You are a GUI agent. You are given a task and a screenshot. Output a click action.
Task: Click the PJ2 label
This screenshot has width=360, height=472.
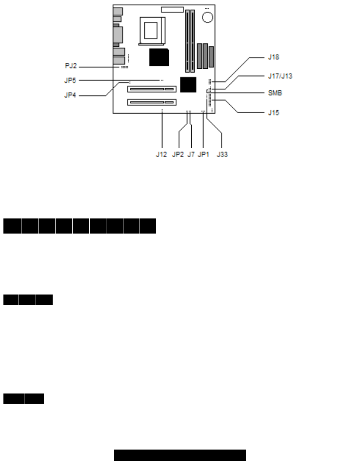tap(71, 65)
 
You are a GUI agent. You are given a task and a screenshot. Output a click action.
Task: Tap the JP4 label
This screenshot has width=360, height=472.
tap(71, 96)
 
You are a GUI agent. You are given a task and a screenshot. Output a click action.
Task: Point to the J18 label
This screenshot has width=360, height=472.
tap(274, 57)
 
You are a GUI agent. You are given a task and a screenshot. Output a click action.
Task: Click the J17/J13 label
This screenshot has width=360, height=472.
tap(280, 76)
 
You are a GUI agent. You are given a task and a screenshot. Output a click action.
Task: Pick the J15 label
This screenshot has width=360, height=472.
tap(274, 113)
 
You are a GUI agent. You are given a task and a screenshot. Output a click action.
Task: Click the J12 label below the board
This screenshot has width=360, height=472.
tap(161, 155)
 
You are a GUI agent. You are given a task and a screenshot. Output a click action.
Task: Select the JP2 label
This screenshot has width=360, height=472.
tap(178, 155)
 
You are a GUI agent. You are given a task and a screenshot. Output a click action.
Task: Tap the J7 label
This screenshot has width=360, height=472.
tap(191, 155)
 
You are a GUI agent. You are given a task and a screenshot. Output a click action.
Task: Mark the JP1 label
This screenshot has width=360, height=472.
tap(203, 155)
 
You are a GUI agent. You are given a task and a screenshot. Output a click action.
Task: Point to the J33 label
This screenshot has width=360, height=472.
tap(222, 155)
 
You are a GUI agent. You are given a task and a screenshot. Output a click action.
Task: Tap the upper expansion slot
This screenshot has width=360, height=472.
tap(151, 89)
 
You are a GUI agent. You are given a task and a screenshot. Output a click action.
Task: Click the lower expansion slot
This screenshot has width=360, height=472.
tap(151, 102)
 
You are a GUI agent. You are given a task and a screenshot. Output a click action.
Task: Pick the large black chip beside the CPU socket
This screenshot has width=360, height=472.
tap(159, 57)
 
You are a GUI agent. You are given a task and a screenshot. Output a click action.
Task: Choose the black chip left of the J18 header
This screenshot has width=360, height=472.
tap(188, 84)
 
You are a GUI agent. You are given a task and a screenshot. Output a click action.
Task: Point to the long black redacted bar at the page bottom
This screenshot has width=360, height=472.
tap(180, 455)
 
